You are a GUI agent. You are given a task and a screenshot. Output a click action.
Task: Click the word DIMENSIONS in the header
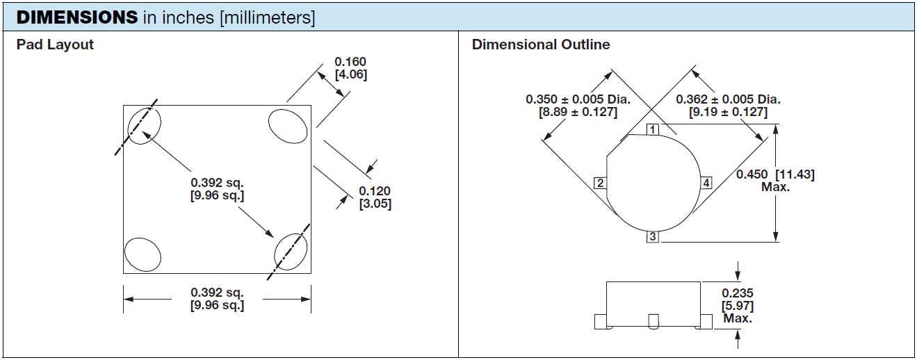point(76,17)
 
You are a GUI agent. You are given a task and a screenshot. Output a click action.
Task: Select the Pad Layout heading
point(55,44)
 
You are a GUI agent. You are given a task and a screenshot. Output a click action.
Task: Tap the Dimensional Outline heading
point(541,44)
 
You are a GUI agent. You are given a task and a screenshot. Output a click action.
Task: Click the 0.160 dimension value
point(350,62)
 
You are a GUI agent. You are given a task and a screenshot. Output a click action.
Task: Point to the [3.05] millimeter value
point(375,204)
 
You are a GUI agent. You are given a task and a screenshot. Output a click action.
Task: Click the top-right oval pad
point(288,128)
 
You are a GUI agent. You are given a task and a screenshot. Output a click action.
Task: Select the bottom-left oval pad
point(143,254)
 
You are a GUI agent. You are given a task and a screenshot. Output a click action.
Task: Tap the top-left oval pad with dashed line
point(144,126)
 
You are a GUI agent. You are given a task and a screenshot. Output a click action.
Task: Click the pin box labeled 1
point(652,130)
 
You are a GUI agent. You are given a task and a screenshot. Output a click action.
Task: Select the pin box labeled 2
point(600,183)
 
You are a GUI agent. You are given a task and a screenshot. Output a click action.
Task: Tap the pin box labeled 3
point(652,237)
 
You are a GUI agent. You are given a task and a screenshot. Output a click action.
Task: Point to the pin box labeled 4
point(706,183)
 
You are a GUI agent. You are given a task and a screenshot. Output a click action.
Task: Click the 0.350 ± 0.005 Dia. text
point(578,99)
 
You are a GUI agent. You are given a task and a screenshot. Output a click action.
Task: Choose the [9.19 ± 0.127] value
point(728,112)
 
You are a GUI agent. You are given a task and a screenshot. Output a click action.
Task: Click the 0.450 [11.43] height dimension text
point(775,174)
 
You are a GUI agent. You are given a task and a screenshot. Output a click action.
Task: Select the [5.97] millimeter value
point(738,306)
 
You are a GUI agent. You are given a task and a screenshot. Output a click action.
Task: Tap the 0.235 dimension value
point(738,294)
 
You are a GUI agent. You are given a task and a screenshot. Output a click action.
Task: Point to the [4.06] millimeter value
point(350,74)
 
